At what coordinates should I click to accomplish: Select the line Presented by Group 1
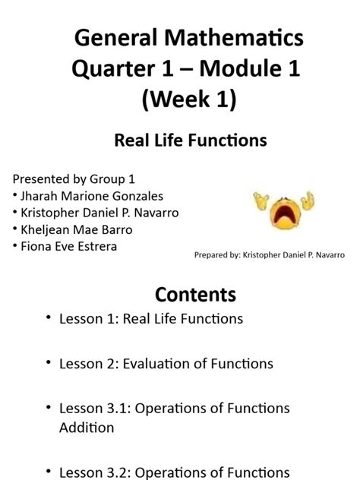(74, 179)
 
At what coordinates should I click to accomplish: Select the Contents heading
(195, 294)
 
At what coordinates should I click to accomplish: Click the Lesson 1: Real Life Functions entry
(150, 319)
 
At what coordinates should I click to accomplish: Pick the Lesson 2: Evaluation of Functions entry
(166, 364)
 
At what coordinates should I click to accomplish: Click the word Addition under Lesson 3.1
(87, 428)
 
